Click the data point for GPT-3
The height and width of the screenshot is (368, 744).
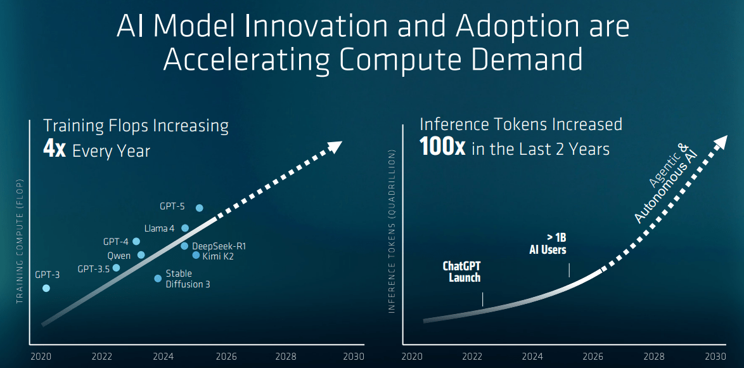pyautogui.click(x=46, y=288)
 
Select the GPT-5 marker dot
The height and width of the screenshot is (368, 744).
pyautogui.click(x=200, y=208)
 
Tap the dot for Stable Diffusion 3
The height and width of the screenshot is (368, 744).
pyautogui.click(x=158, y=278)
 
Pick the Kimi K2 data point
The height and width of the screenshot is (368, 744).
pyautogui.click(x=196, y=255)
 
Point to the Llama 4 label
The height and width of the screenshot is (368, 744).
pyautogui.click(x=159, y=228)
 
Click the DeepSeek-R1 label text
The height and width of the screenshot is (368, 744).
pyautogui.click(x=219, y=246)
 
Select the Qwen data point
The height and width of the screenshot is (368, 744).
pyautogui.click(x=141, y=255)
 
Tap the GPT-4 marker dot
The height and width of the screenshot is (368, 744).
pyautogui.click(x=136, y=241)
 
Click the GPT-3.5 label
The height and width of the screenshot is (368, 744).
pyautogui.click(x=94, y=268)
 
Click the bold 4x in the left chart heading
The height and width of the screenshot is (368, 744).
pyautogui.click(x=55, y=150)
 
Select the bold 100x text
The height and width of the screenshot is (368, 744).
pyautogui.click(x=442, y=148)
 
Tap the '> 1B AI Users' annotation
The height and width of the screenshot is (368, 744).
pyautogui.click(x=548, y=244)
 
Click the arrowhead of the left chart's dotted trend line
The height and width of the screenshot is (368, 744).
pyautogui.click(x=335, y=147)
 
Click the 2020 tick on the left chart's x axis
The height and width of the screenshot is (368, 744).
pyautogui.click(x=41, y=357)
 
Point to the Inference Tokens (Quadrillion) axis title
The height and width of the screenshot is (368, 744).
pyautogui.click(x=392, y=231)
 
